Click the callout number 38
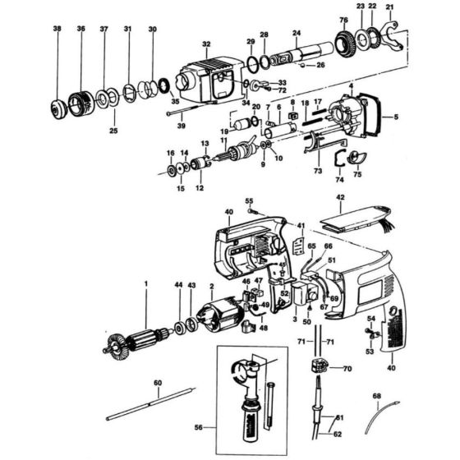57,29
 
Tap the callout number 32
205,44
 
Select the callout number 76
343,19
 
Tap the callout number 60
157,383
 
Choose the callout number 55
249,201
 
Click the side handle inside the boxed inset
251,387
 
